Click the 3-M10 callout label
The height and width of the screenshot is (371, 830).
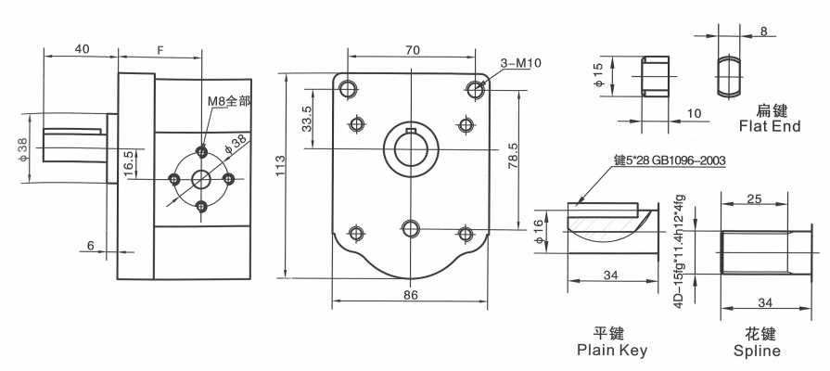pyautogui.click(x=521, y=63)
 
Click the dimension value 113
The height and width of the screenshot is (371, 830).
pyautogui.click(x=281, y=165)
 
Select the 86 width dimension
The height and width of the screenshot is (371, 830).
pyautogui.click(x=410, y=295)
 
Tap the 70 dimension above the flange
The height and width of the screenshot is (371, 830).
pyautogui.click(x=413, y=50)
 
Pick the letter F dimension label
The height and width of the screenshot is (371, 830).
pyautogui.click(x=160, y=50)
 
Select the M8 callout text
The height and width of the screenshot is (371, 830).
pyautogui.click(x=229, y=100)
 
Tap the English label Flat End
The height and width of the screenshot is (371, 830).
pyautogui.click(x=770, y=126)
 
